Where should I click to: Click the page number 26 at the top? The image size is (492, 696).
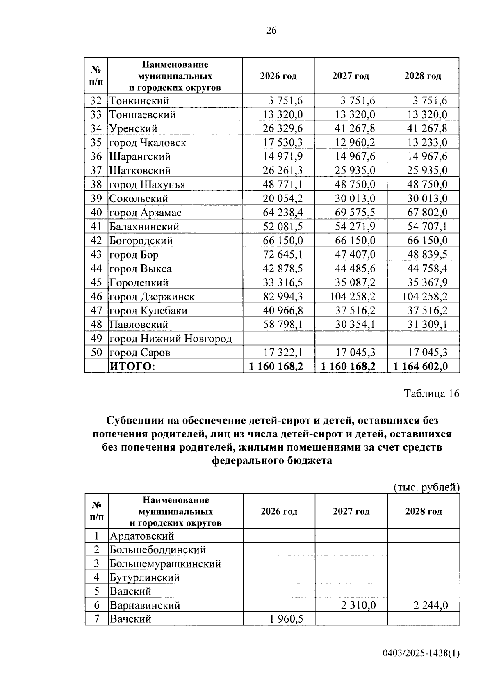pyautogui.click(x=271, y=30)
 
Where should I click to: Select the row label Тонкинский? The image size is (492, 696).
pyautogui.click(x=139, y=101)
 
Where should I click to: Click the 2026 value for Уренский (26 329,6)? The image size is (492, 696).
pyautogui.click(x=282, y=129)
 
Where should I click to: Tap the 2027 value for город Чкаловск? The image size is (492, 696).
pyautogui.click(x=355, y=143)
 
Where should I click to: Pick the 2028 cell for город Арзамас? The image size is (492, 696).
pyautogui.click(x=427, y=213)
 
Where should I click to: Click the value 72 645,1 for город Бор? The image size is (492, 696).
pyautogui.click(x=282, y=254)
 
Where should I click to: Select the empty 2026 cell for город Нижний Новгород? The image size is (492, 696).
pyautogui.click(x=279, y=339)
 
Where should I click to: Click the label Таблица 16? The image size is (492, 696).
pyautogui.click(x=432, y=394)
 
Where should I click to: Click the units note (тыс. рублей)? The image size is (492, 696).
pyautogui.click(x=426, y=487)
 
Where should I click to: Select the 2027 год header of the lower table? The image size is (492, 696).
pyautogui.click(x=351, y=511)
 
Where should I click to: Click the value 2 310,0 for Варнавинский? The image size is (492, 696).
pyautogui.click(x=358, y=605)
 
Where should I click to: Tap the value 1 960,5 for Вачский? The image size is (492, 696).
pyautogui.click(x=286, y=619)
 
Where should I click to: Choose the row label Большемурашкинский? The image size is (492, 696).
pyautogui.click(x=165, y=563)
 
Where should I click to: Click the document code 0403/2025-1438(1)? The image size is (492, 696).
pyautogui.click(x=421, y=653)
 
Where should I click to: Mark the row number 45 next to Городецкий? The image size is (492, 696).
pyautogui.click(x=96, y=283)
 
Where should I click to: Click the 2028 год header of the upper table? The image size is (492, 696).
pyautogui.click(x=423, y=76)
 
